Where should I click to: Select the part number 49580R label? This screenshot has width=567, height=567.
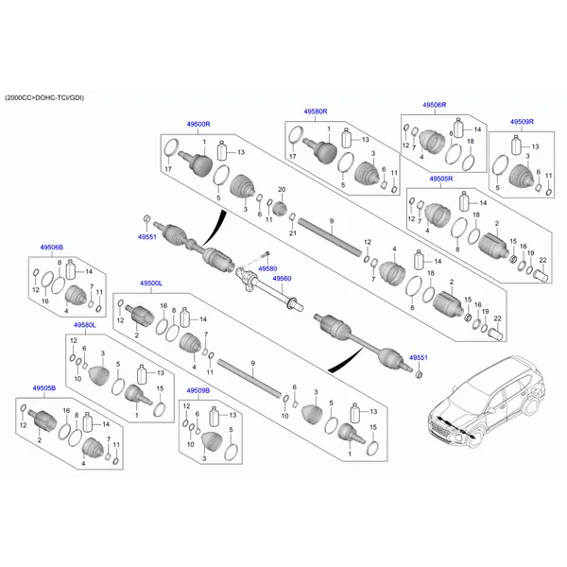click(315, 112)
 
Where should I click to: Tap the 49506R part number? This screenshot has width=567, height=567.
click(435, 105)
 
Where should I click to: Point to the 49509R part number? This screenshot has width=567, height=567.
click(522, 123)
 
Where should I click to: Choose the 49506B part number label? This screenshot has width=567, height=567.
click(51, 247)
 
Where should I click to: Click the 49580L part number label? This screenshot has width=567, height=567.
click(85, 325)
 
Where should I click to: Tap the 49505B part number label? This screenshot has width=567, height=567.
click(43, 388)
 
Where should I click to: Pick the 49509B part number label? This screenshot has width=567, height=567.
click(198, 389)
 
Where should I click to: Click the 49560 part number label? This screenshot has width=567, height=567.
click(282, 279)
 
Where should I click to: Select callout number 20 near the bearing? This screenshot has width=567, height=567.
click(281, 191)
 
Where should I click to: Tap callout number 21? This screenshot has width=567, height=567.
click(293, 232)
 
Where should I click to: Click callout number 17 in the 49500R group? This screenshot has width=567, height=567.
click(168, 170)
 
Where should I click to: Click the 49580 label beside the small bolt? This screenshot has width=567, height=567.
click(268, 268)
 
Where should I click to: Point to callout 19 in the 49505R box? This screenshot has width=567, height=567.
click(530, 253)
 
